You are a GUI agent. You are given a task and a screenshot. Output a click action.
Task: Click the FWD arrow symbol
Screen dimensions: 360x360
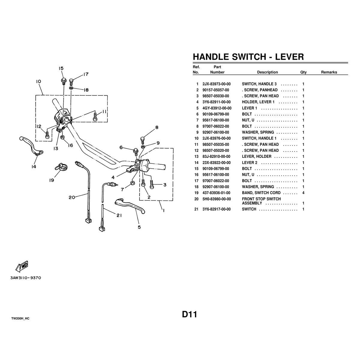[x=22, y=266]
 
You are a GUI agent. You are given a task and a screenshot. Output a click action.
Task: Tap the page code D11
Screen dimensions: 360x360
[x=189, y=314]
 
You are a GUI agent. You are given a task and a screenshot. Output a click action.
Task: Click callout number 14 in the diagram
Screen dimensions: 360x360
[x=34, y=166]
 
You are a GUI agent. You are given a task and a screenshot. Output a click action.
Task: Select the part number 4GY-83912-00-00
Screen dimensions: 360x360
[x=217, y=108]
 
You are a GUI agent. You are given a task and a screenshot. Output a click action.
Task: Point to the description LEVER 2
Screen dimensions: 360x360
[x=250, y=163]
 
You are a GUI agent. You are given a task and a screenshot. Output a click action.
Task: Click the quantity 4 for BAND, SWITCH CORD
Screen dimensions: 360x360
[x=303, y=193]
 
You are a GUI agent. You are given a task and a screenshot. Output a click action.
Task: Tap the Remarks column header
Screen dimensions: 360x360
[x=329, y=72]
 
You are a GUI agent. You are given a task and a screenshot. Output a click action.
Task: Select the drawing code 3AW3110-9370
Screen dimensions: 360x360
[x=25, y=278]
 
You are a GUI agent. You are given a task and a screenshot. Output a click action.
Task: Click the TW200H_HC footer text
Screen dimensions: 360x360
[x=20, y=319]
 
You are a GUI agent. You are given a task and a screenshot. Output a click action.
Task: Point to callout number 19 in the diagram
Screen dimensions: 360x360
[x=52, y=180]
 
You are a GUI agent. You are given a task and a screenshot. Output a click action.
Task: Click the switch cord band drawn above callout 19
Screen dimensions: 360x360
[x=61, y=167]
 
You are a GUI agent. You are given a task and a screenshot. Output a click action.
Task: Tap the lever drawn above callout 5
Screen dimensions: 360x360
[x=130, y=206]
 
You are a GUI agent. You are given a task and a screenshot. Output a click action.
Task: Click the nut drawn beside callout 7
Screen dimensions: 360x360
[x=132, y=182]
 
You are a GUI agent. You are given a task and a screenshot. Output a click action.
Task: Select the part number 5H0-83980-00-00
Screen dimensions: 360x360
[x=217, y=199]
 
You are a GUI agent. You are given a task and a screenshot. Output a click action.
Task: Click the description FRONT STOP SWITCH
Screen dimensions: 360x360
[x=261, y=199]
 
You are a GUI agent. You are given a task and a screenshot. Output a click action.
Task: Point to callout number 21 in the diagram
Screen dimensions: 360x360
[x=119, y=215]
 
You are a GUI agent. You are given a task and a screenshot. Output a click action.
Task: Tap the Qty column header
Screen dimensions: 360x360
[x=303, y=72]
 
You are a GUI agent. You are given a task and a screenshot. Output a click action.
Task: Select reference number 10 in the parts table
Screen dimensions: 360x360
[x=196, y=138]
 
